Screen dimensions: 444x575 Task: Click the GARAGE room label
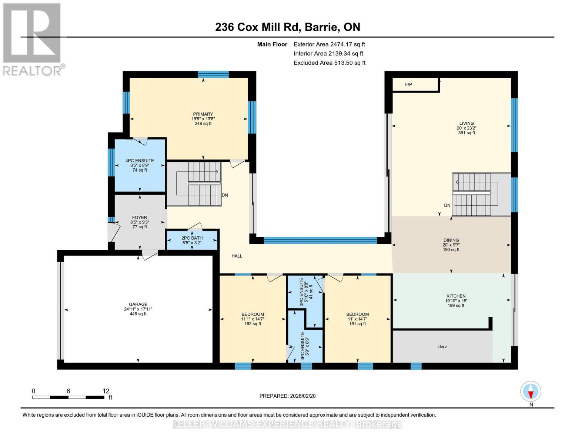138,304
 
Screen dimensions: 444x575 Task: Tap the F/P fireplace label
408,85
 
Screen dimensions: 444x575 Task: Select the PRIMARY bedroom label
203,114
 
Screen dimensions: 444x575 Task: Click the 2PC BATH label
192,238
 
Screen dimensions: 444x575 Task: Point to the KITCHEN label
455,296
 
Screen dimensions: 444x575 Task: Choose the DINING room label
451,240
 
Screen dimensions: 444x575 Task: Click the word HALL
237,256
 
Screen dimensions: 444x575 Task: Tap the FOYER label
140,218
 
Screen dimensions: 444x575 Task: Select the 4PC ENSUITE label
140,161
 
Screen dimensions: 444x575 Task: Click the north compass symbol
531,391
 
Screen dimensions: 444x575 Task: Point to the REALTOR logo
32,39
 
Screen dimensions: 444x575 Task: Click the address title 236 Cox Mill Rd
287,27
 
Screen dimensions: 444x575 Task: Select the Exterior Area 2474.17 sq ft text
329,44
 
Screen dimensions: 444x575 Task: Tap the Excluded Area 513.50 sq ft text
330,63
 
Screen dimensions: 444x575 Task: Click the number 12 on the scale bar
106,391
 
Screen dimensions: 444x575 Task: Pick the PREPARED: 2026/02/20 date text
287,396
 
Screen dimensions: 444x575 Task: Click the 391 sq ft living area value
466,133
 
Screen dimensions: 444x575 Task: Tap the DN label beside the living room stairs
447,205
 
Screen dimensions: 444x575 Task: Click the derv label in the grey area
442,347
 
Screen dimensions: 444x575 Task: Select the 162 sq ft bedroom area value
253,324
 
